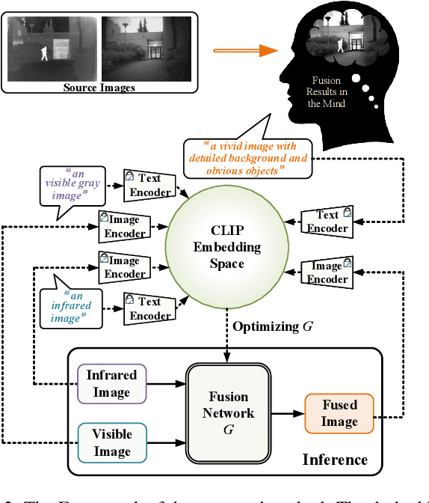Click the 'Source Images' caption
pyautogui.click(x=99, y=88)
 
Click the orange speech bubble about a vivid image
pyautogui.click(x=246, y=158)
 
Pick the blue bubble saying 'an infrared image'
pyautogui.click(x=72, y=305)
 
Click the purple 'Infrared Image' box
pyautogui.click(x=112, y=383)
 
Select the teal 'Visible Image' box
pyautogui.click(x=112, y=442)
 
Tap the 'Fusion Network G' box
pyautogui.click(x=229, y=412)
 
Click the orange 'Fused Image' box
pyautogui.click(x=339, y=413)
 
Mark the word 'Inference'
pyautogui.click(x=335, y=459)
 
